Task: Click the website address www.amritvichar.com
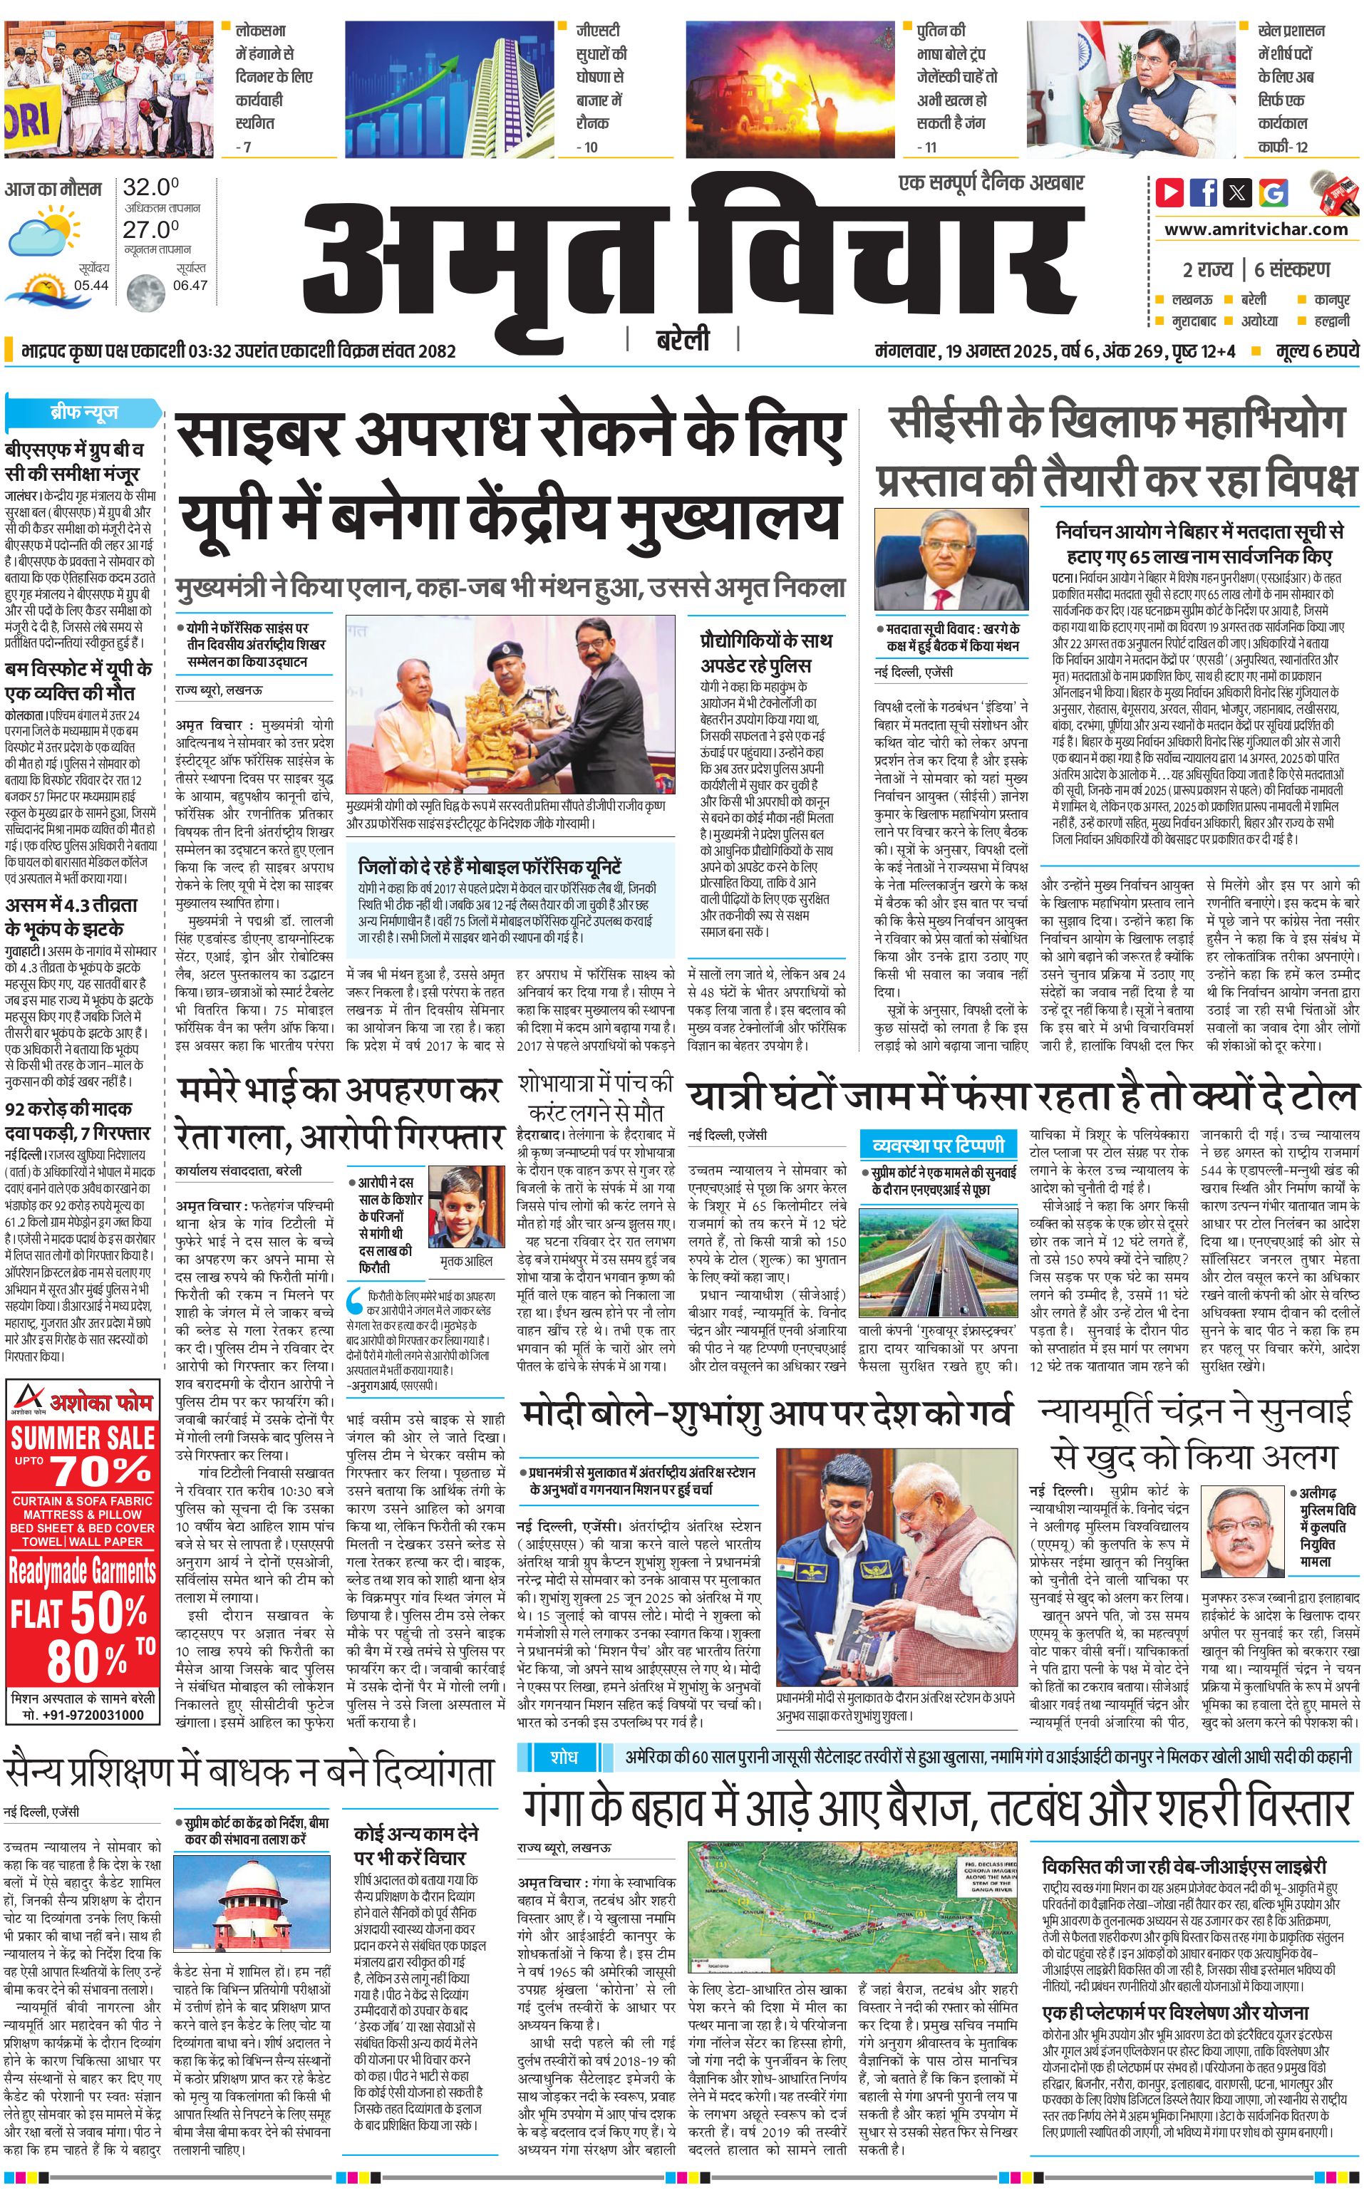tap(1256, 229)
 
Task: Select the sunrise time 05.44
tap(91, 285)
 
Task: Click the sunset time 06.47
tap(190, 285)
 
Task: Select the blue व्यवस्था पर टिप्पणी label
tap(939, 1146)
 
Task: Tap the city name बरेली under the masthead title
tap(682, 340)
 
